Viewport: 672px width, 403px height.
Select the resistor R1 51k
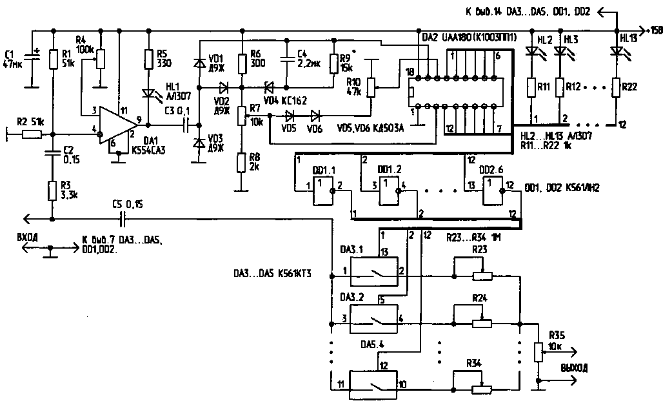coord(54,59)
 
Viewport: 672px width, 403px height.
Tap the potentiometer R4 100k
coord(100,59)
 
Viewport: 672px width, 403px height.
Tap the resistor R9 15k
coord(334,63)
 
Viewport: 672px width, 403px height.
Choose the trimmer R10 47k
coord(371,87)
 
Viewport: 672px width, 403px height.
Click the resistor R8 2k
coord(241,162)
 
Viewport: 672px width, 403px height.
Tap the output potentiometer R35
coord(537,352)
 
